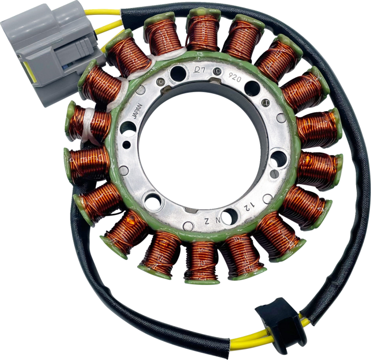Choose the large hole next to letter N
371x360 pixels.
[x=229, y=215]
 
